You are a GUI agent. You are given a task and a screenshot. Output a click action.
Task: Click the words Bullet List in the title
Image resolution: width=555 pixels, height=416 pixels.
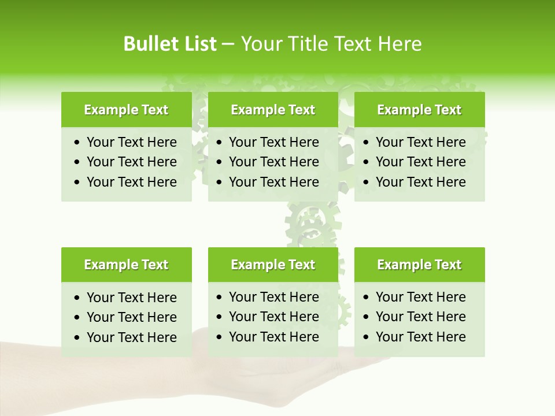point(169,44)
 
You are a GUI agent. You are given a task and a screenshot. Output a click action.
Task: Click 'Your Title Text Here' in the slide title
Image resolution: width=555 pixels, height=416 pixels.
point(331,44)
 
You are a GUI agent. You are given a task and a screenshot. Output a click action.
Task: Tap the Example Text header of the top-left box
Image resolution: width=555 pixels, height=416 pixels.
point(126,110)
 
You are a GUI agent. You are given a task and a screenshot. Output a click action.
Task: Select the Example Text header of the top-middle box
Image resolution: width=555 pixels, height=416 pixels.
point(273,110)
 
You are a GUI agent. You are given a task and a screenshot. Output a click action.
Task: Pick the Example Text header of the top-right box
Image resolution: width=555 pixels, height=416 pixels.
point(419,110)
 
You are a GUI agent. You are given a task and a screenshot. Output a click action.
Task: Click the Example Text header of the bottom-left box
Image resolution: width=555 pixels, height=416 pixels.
point(126,265)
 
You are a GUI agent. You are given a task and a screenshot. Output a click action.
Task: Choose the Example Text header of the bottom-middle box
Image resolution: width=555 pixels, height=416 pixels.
point(273,265)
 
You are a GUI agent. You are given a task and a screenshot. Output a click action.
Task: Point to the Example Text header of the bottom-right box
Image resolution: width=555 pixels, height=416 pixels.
point(419,265)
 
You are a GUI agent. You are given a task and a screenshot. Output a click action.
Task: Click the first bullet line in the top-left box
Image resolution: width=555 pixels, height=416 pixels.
point(131,142)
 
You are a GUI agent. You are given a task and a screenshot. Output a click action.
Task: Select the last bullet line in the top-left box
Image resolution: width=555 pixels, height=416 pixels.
point(131,182)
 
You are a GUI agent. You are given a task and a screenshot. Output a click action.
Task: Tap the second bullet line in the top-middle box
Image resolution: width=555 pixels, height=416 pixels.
point(273,162)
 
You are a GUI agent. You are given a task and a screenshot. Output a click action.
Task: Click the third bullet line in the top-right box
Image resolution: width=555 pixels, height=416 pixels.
point(420,182)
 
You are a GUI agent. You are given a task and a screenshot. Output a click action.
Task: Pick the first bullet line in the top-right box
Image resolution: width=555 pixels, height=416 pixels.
point(420,142)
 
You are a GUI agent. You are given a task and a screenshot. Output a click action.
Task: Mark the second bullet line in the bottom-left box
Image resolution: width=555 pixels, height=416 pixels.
point(131,317)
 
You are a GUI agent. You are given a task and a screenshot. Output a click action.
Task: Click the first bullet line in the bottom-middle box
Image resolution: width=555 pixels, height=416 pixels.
point(273,297)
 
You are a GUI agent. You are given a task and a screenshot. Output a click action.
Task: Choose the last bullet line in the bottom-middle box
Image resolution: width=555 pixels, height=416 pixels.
point(273,337)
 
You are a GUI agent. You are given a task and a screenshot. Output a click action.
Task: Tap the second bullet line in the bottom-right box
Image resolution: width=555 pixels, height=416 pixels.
point(420,317)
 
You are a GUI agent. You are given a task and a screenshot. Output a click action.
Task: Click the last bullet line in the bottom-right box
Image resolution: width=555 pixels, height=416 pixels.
point(420,337)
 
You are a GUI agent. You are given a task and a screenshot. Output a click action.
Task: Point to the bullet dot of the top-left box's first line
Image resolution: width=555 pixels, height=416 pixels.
point(77,143)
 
